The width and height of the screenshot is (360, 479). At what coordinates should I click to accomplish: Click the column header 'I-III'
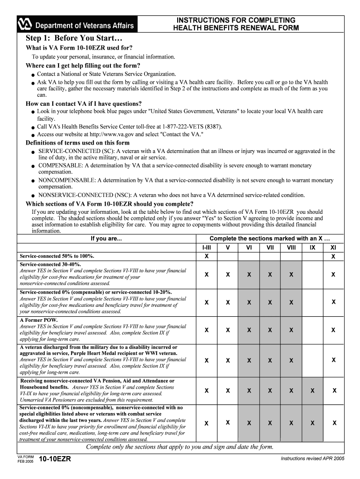[206, 247]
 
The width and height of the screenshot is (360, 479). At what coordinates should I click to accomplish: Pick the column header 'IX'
[312, 247]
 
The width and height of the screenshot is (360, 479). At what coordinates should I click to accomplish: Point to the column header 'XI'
[333, 247]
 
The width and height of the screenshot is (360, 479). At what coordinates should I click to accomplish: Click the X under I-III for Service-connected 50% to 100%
[206, 256]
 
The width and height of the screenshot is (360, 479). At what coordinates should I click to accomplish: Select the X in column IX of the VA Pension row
[312, 390]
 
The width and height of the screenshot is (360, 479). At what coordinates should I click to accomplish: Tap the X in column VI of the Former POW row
[249, 330]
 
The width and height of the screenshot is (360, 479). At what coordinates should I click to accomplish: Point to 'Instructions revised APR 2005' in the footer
[312, 458]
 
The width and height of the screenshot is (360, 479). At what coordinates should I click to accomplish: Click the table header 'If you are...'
[106, 239]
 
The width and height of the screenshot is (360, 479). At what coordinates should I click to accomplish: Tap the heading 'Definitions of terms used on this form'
[78, 143]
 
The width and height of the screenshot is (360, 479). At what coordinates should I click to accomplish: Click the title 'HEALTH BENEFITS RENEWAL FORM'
[236, 28]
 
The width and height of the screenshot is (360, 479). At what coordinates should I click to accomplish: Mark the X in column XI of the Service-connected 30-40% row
[333, 275]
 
